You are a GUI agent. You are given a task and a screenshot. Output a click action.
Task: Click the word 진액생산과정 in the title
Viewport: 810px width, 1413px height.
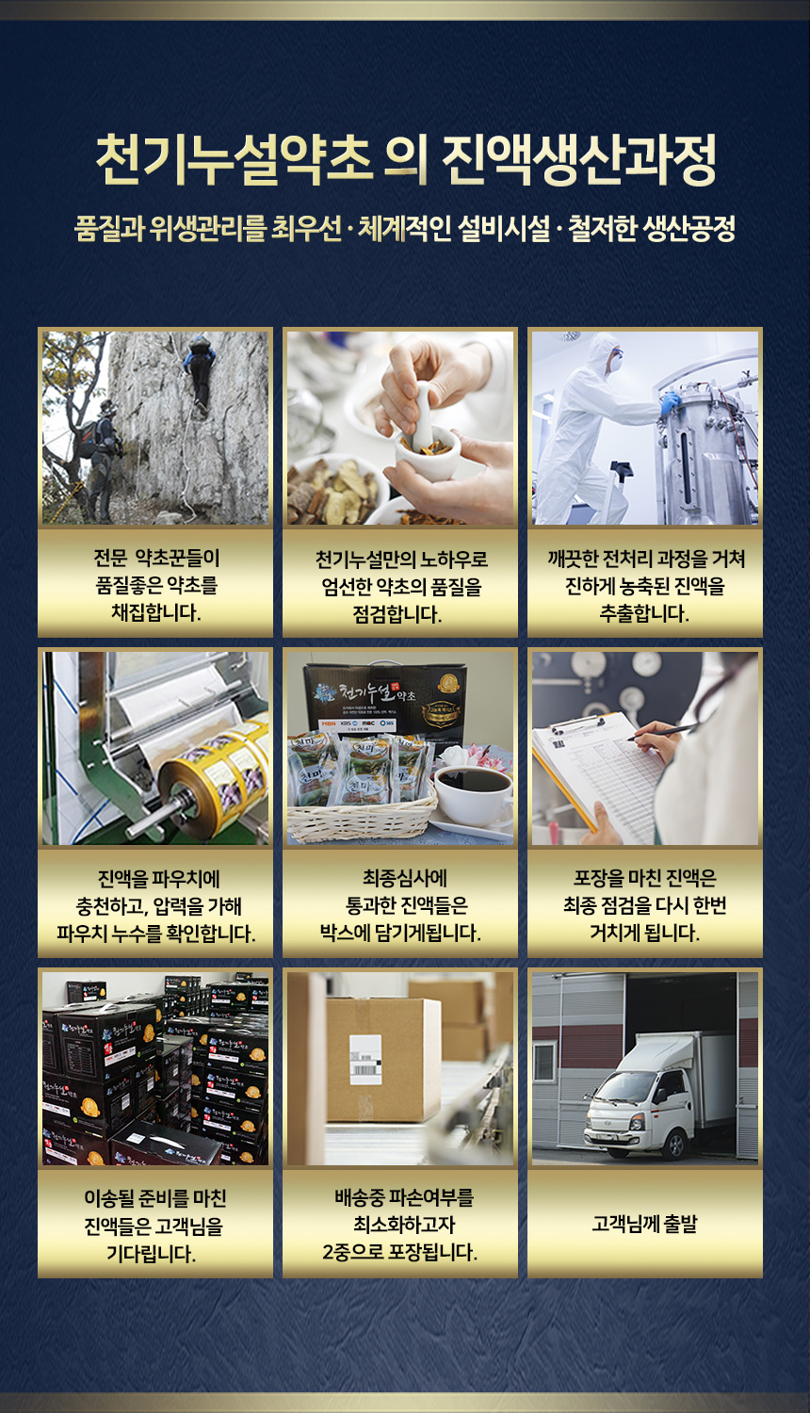(x=579, y=159)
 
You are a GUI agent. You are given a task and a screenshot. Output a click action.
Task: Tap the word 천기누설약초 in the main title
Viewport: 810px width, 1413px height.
(x=233, y=159)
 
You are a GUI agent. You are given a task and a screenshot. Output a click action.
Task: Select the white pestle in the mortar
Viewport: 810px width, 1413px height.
(x=421, y=414)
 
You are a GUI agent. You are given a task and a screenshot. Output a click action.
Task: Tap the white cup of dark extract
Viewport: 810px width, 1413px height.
(x=473, y=793)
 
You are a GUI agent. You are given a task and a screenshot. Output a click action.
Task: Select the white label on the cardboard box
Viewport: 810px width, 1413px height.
(x=365, y=1060)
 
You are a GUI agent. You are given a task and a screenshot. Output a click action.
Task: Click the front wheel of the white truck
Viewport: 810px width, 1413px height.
(x=675, y=1145)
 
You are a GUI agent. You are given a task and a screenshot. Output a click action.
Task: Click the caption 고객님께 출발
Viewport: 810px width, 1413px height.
(x=645, y=1225)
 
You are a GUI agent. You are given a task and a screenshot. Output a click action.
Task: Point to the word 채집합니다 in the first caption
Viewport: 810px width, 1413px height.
(x=155, y=612)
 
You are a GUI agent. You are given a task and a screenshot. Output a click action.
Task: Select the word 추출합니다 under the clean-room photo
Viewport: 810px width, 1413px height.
(x=644, y=613)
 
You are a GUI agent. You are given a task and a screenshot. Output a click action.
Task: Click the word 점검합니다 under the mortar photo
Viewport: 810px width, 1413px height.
(x=397, y=614)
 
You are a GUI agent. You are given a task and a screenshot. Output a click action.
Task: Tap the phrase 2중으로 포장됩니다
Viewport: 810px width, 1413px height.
(x=400, y=1252)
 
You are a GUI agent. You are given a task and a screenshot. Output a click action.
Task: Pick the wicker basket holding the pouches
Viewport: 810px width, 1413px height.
(x=362, y=814)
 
